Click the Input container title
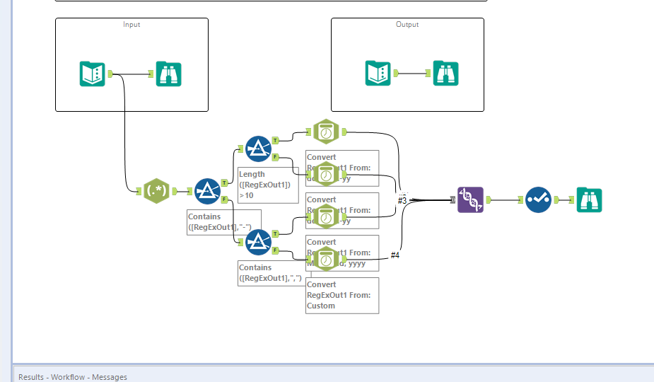[x=132, y=25]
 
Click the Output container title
[x=407, y=25]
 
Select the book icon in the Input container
[x=93, y=74]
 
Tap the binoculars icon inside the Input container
[x=168, y=74]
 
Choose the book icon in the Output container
[x=378, y=74]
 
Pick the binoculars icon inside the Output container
[x=446, y=74]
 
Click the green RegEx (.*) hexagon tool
[x=156, y=191]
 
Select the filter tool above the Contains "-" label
[x=207, y=191]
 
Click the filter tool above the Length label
[x=259, y=149]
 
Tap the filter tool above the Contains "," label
[x=259, y=243]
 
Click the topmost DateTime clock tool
[x=326, y=132]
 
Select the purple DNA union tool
[x=470, y=200]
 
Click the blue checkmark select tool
[x=538, y=200]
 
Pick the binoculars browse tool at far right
[x=590, y=200]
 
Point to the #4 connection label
[x=395, y=255]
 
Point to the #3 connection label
[x=402, y=201]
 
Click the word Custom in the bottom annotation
[x=321, y=306]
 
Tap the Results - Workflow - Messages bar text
[x=73, y=377]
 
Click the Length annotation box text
[x=252, y=174]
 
